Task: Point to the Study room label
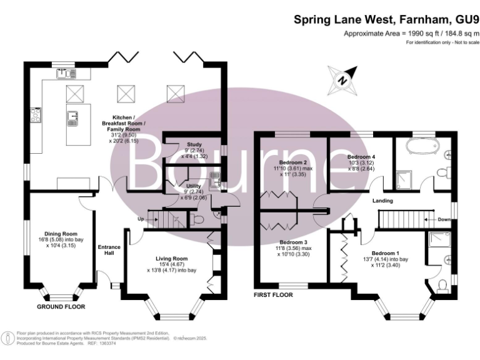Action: [x=186, y=144]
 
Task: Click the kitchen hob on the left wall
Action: [x=36, y=116]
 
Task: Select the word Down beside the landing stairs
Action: [x=443, y=219]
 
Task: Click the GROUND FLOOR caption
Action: [x=61, y=307]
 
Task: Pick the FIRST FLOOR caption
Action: [x=274, y=294]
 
